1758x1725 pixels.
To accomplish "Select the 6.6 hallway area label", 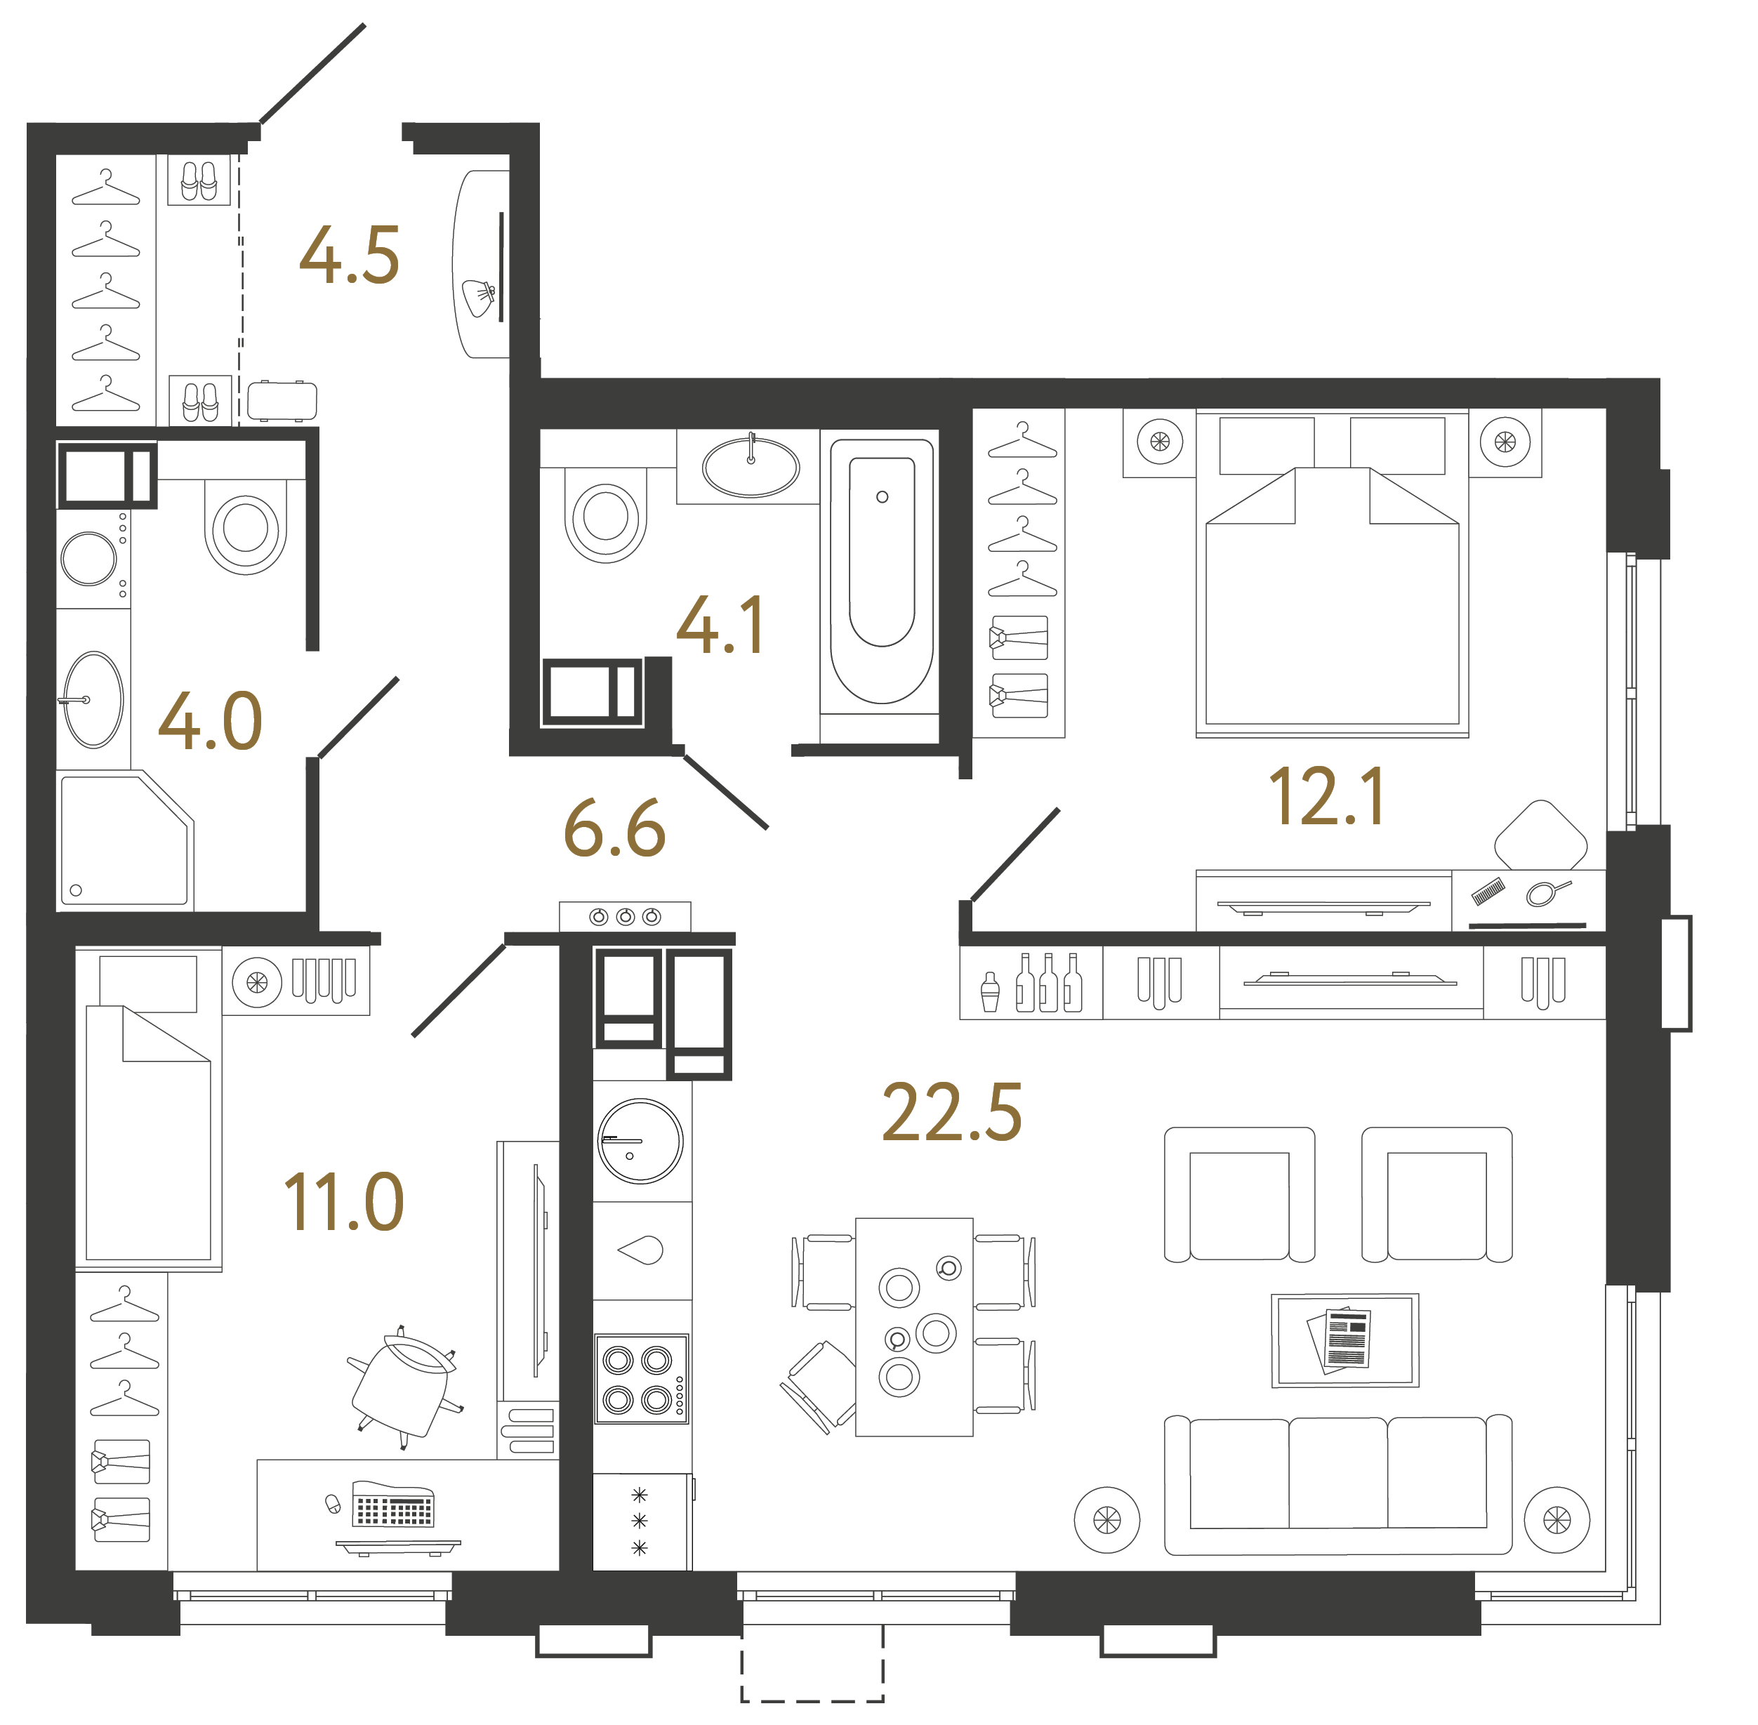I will [614, 829].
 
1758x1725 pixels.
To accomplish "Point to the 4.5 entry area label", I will [349, 256].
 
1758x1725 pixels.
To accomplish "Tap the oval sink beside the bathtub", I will [751, 468].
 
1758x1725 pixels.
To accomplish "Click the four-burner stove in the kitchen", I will [640, 1379].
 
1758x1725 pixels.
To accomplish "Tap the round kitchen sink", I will [640, 1142].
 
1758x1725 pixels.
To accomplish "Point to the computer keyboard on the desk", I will [392, 1509].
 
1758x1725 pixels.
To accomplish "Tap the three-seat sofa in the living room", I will [1337, 1485].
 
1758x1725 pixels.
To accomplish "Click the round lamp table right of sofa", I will [1556, 1519].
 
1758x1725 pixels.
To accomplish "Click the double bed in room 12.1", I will [1331, 598].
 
